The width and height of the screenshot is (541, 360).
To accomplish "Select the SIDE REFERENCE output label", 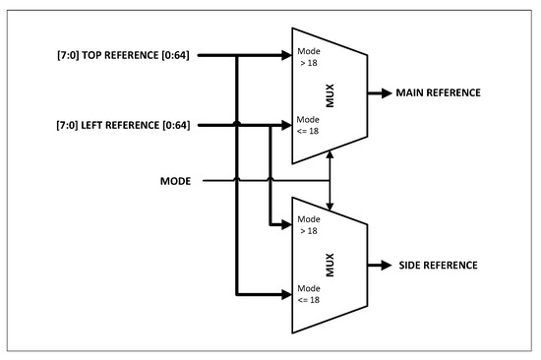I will point(440,267).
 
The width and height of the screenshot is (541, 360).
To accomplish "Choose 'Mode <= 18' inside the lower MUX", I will point(310,295).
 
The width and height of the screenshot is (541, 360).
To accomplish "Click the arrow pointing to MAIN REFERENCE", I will point(379,93).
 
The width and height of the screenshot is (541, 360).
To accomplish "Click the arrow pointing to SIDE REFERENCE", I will point(379,267).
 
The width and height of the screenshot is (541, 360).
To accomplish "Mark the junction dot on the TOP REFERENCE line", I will point(237,55).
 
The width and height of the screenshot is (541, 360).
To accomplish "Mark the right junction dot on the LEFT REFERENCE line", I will point(269,125).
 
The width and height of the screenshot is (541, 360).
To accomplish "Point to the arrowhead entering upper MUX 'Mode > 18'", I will point(286,55).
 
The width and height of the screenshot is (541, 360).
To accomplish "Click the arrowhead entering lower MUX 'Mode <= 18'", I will point(286,293).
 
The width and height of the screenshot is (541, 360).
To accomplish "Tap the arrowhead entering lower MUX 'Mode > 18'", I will point(286,223).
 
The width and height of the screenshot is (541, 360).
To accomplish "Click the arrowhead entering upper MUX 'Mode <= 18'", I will point(286,125).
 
